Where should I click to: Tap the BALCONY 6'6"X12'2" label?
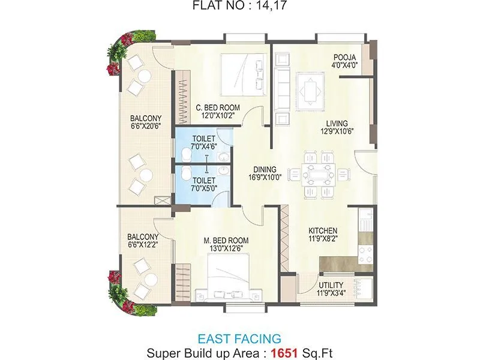(x=143, y=241)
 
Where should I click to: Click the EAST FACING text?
(x=239, y=339)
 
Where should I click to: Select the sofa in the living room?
(x=282, y=82)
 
